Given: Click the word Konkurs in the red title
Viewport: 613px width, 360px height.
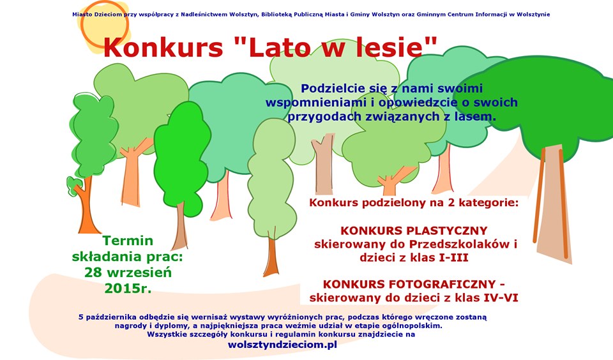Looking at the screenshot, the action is (163, 47).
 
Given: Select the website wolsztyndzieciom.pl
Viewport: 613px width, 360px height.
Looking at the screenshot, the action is (282, 345).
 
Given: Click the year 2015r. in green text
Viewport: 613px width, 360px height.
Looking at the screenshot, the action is (128, 289).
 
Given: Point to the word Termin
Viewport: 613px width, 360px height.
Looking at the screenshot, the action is (128, 241).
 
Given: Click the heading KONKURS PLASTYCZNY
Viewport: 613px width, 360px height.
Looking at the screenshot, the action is (414, 230).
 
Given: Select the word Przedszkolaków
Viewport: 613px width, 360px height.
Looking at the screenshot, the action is (458, 244).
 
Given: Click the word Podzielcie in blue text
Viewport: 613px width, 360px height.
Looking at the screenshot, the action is (334, 88).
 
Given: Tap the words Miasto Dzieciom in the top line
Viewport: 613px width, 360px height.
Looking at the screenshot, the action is (97, 15).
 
